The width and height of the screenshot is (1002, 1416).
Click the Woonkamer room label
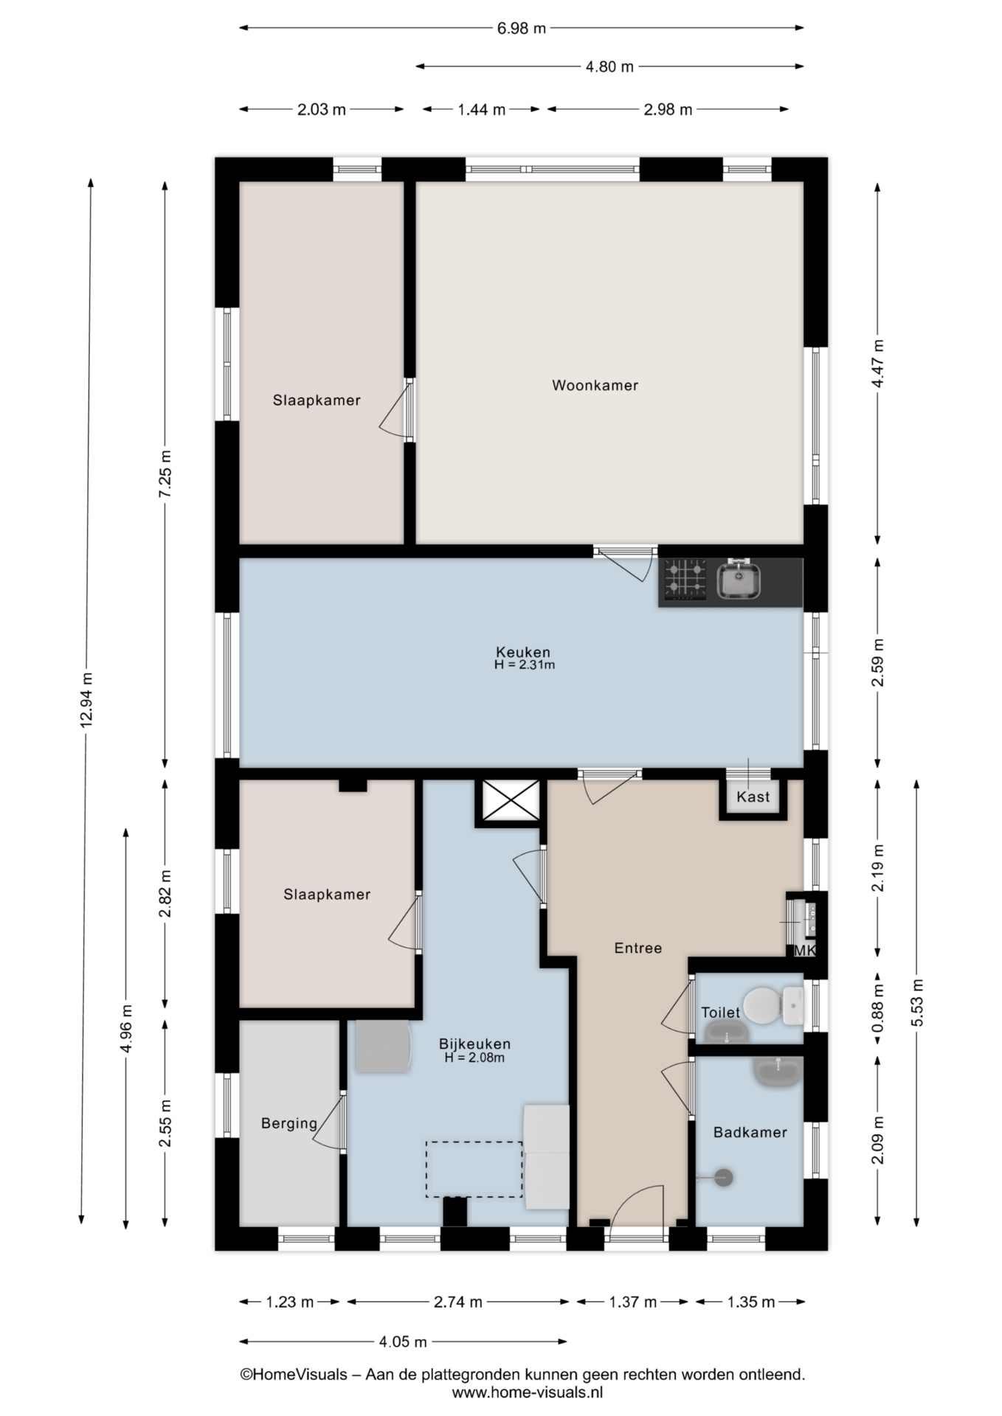[595, 385]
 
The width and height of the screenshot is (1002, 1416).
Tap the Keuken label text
[523, 652]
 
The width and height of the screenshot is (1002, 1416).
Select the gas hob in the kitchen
[685, 580]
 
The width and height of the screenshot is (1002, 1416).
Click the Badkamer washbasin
[777, 1072]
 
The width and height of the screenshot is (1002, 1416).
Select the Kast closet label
[753, 796]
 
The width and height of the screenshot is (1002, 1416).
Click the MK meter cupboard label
[805, 951]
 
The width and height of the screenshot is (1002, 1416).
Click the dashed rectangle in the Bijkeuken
[474, 1169]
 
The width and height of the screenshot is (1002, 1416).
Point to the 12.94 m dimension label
[86, 700]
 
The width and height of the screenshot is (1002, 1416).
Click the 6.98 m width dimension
[522, 29]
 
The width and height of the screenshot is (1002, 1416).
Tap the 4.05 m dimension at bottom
[403, 1342]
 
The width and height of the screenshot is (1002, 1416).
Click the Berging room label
[289, 1123]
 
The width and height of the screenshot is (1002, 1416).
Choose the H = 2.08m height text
[474, 1058]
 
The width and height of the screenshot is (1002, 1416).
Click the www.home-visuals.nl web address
[528, 1392]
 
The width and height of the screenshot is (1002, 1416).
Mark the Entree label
[638, 948]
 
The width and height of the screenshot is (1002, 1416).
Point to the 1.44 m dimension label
[482, 110]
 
